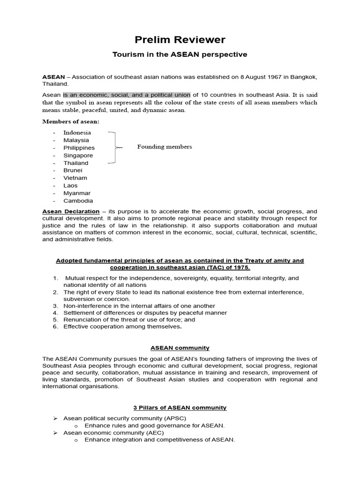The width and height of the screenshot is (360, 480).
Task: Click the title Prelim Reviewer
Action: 180,40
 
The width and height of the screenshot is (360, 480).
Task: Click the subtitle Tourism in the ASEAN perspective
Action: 180,54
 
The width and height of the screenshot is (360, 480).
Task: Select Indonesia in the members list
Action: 77,133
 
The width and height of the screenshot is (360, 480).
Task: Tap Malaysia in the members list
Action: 76,140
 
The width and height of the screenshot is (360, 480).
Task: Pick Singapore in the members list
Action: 78,155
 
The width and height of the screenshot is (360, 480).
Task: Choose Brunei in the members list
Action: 73,170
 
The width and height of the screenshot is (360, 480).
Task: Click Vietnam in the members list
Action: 75,178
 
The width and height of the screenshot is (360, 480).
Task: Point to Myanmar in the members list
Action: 77,193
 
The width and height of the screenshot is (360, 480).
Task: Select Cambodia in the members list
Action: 78,201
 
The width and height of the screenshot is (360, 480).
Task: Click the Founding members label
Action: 164,147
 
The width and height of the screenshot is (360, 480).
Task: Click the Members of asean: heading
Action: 71,121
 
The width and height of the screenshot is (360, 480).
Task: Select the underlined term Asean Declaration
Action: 71,211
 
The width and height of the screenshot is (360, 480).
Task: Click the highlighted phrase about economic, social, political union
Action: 127,95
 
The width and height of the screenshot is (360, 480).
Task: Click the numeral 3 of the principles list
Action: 55,306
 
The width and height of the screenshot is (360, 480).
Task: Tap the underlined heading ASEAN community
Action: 180,348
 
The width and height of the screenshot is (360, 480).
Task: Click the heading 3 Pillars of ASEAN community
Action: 180,408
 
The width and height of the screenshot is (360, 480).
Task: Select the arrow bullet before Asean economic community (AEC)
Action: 54,433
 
